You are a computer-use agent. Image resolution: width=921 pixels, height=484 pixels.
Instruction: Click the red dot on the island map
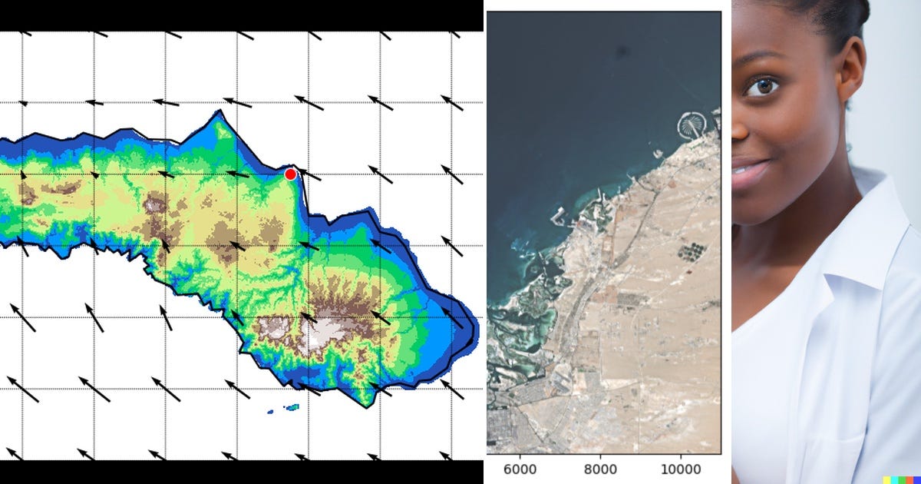coord(290,174)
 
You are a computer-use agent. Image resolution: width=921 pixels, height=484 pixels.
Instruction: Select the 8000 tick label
coord(600,469)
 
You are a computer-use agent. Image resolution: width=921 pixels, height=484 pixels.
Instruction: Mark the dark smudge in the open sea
coord(620,52)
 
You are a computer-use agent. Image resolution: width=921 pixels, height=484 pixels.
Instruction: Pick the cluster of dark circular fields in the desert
coord(693,251)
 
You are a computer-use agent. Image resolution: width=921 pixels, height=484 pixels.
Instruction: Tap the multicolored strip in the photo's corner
coord(901,478)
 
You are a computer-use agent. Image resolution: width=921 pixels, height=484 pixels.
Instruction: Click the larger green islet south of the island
coord(292,406)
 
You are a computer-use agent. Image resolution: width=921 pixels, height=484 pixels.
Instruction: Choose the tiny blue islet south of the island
coord(271,412)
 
